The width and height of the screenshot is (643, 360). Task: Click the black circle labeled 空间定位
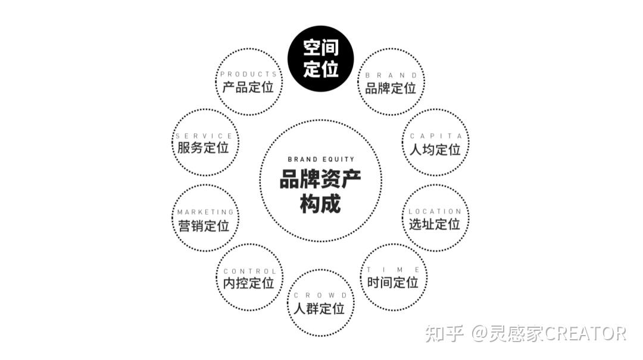320,59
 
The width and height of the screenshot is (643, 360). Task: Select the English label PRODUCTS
248,74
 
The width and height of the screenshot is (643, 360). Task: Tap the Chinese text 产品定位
248,87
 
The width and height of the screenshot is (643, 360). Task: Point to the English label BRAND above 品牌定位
391,76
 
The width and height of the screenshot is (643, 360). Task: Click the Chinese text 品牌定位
391,89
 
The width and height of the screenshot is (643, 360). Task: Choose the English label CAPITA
436,136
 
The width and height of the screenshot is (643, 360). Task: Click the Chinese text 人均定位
436,149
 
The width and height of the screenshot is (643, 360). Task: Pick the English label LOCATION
435,211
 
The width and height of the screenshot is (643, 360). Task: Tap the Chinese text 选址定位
435,224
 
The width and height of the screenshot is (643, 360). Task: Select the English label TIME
394,270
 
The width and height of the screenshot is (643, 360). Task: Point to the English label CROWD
320,296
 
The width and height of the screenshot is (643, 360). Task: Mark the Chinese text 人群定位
320,309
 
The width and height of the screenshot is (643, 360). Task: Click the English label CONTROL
249,271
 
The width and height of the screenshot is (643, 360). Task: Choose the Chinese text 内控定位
249,284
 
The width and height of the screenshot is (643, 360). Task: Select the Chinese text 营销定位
204,226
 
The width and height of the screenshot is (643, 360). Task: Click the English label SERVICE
204,136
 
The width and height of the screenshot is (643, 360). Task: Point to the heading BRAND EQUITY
320,159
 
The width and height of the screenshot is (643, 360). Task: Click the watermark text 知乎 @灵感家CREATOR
525,333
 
